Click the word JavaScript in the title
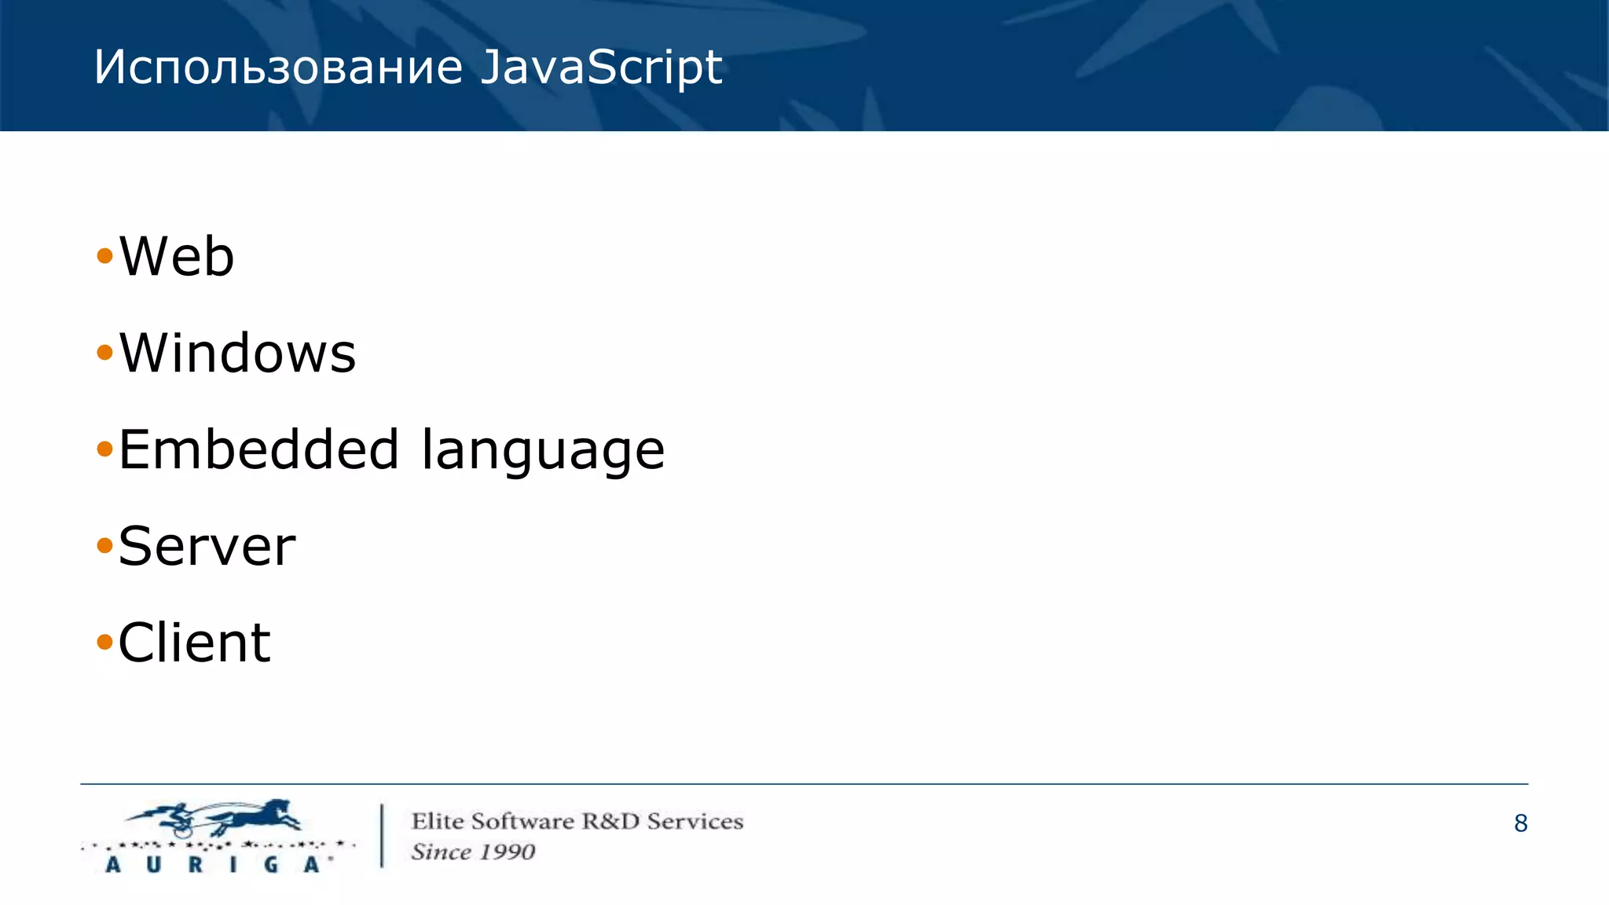(x=601, y=68)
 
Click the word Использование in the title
(x=278, y=68)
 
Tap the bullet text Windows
(x=237, y=353)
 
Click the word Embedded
(x=258, y=449)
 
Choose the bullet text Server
(x=207, y=546)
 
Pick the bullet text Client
(x=194, y=643)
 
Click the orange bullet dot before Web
(x=104, y=255)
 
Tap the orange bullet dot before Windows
(x=104, y=352)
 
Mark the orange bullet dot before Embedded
(x=104, y=449)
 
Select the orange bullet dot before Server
(x=104, y=545)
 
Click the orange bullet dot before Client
(x=104, y=642)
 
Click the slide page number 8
(x=1520, y=823)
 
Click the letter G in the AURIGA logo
(x=271, y=865)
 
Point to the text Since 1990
(x=473, y=852)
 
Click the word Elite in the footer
(x=438, y=821)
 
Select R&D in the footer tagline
(x=610, y=821)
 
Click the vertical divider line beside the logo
(x=383, y=835)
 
